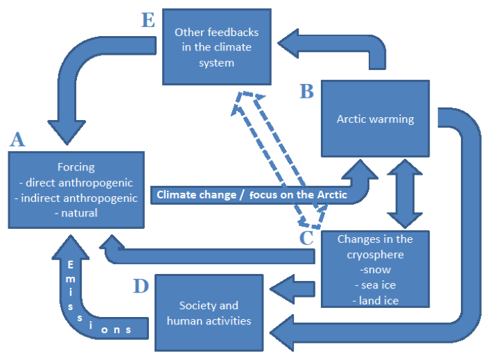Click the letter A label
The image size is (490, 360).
(17, 139)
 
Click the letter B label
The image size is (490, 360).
(306, 91)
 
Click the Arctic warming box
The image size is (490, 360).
(375, 119)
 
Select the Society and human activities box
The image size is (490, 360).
(209, 313)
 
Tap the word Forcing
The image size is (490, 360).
(76, 167)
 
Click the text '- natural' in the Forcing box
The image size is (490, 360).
(76, 213)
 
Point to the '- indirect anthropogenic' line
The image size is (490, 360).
(76, 198)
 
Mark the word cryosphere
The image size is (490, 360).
(375, 255)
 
